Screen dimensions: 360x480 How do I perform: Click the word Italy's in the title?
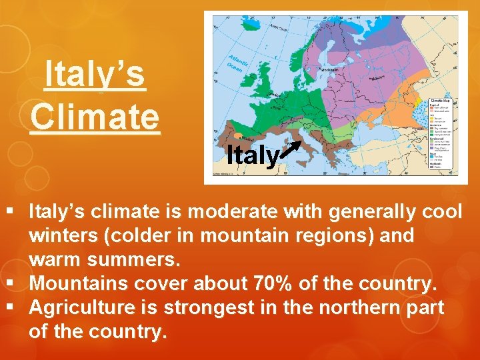point(94,75)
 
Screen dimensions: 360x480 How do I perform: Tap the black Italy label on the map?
point(252,156)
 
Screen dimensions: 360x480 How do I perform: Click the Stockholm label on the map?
point(329,69)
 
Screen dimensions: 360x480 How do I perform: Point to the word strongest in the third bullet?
point(207,307)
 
